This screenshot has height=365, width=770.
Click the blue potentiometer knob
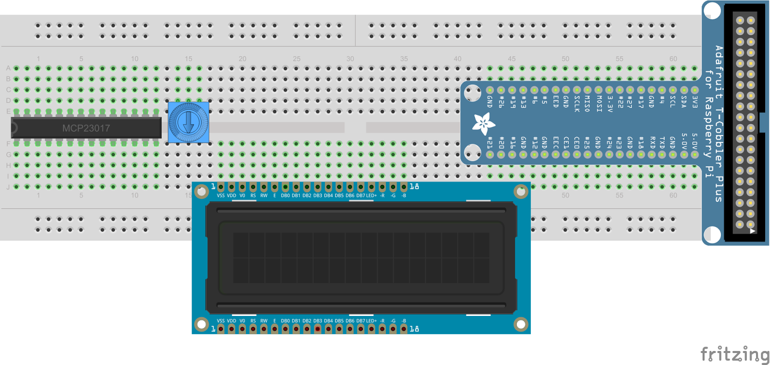[x=188, y=122]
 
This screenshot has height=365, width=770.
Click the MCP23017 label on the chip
[x=86, y=128]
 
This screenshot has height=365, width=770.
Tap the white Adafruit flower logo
[x=483, y=124]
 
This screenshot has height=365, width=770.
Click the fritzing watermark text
[x=734, y=355]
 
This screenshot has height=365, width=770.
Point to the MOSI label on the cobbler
[x=599, y=103]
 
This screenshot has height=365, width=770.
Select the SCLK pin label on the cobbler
[x=577, y=103]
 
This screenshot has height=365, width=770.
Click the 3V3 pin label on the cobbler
[x=694, y=101]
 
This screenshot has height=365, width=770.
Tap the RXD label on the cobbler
[x=652, y=142]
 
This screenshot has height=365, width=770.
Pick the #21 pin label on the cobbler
[x=489, y=142]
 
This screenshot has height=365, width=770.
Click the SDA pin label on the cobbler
[x=683, y=101]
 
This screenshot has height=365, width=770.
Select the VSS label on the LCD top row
[x=220, y=196]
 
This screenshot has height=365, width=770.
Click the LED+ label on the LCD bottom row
[x=372, y=321]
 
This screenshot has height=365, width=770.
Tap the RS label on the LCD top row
[x=253, y=196]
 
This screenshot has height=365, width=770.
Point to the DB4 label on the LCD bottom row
[x=328, y=321]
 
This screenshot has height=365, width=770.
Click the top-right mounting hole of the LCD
[x=521, y=191]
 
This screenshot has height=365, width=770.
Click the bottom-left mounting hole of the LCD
[x=202, y=324]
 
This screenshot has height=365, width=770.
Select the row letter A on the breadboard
[x=8, y=68]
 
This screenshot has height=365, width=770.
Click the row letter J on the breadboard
[x=8, y=187]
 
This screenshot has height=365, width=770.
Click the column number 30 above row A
[x=350, y=59]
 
